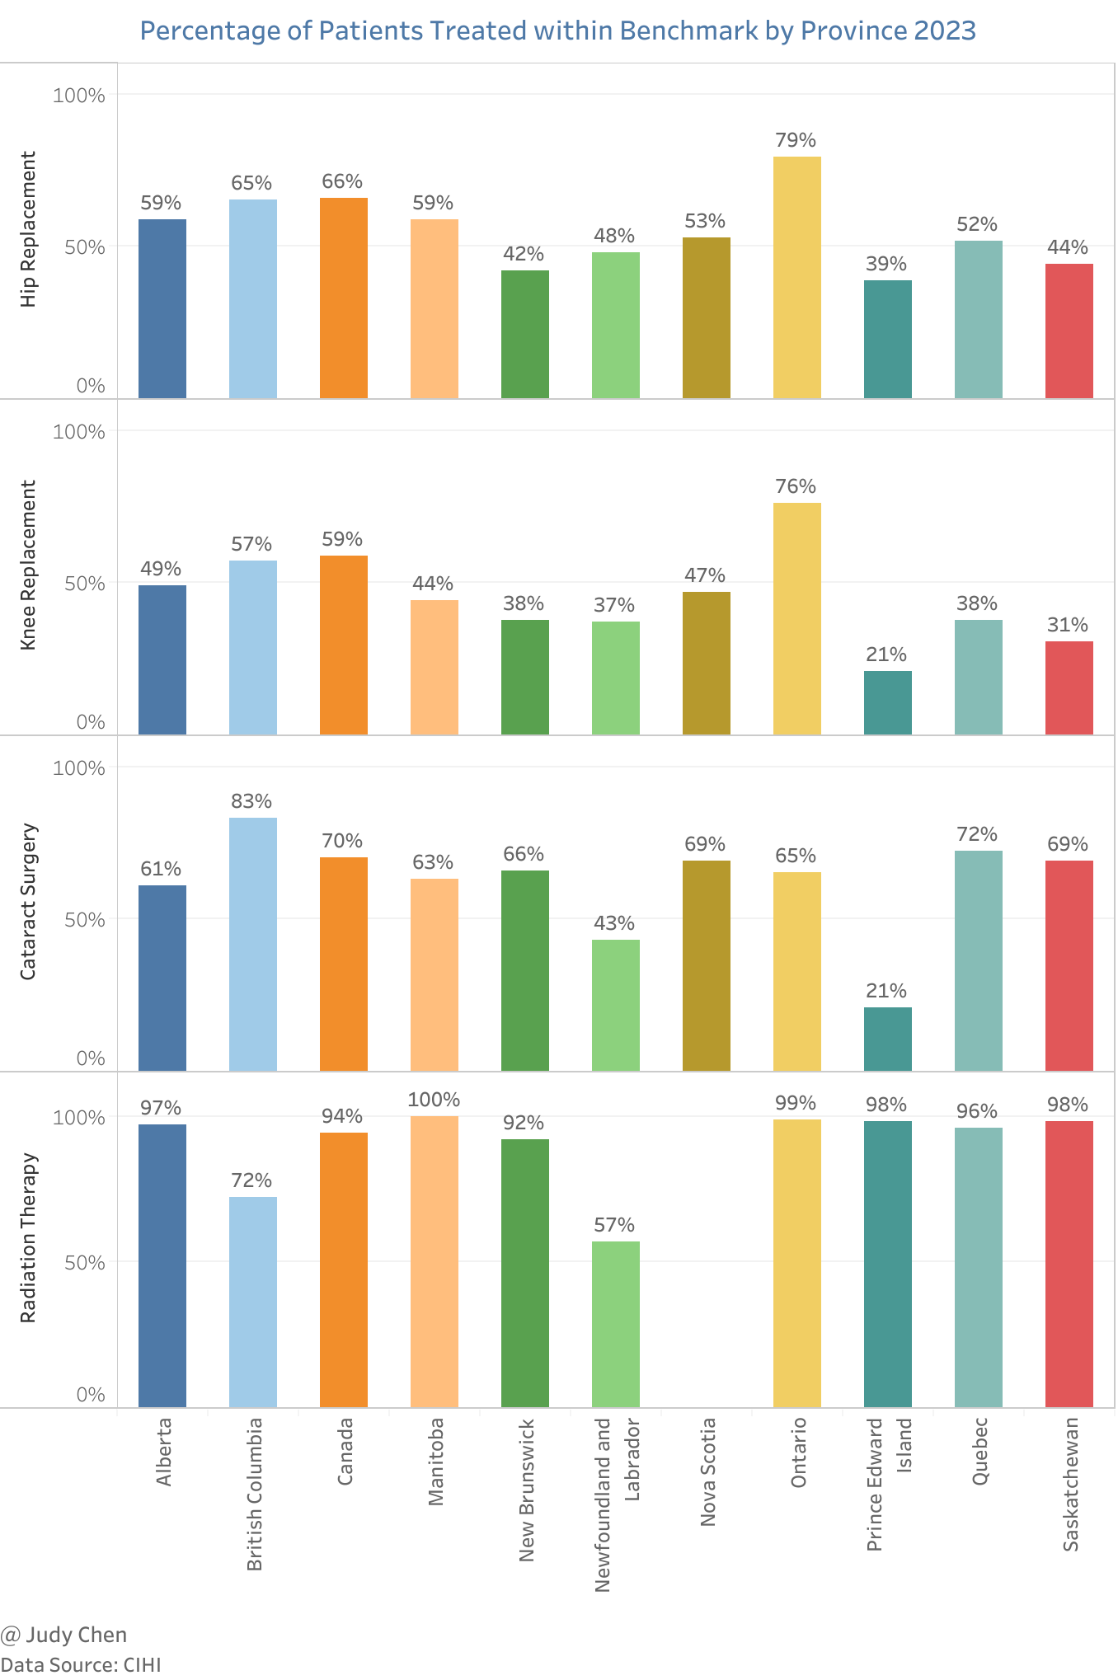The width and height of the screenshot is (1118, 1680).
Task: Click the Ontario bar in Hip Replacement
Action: [x=796, y=277]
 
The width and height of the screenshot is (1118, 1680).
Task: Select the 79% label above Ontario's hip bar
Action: [x=796, y=140]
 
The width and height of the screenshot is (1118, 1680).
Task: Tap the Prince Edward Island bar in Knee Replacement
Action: [x=887, y=702]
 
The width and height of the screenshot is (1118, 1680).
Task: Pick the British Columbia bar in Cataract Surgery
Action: [x=253, y=944]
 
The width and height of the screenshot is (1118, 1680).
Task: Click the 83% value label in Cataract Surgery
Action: [x=251, y=801]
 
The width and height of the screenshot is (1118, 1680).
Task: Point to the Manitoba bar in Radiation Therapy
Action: [x=435, y=1261]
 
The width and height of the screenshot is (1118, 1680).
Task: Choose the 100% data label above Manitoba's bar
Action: [x=434, y=1100]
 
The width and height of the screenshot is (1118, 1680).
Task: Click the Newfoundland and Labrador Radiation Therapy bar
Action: [x=616, y=1324]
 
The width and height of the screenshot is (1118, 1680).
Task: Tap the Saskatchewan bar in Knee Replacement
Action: [x=1069, y=687]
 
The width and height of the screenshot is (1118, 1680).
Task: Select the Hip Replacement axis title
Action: [x=29, y=229]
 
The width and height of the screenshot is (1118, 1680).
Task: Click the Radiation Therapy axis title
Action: [x=29, y=1237]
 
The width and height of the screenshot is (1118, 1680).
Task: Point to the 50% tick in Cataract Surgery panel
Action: [x=85, y=920]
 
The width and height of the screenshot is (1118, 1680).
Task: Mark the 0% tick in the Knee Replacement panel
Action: [x=91, y=722]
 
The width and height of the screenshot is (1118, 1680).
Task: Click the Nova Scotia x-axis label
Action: [x=707, y=1471]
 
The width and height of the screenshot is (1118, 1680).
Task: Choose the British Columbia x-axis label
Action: [x=255, y=1494]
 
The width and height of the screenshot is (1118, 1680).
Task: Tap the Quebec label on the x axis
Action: [x=979, y=1452]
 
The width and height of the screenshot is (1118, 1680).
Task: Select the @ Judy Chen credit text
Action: [x=63, y=1635]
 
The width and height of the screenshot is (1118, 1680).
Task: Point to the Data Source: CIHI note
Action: [x=81, y=1664]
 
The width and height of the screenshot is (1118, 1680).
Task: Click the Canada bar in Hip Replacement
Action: [x=344, y=298]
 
